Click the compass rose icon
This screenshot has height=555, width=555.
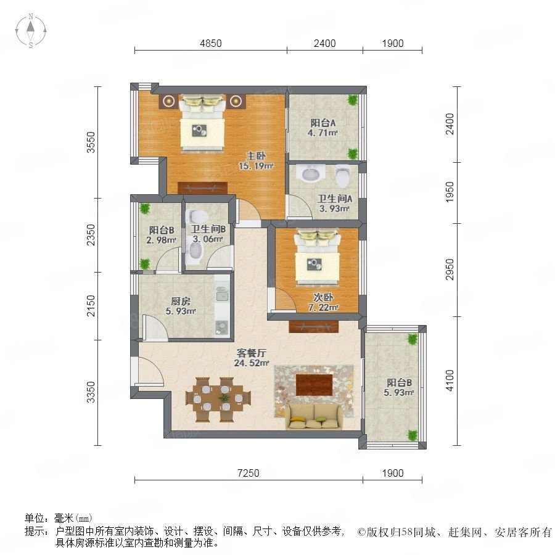click(x=31, y=31)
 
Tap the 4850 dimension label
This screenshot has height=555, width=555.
click(x=211, y=43)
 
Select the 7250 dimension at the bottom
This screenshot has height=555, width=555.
click(x=248, y=473)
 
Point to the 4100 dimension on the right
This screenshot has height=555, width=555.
click(x=450, y=380)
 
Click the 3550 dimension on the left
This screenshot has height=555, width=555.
click(x=91, y=142)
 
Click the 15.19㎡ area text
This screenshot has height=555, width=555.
click(x=257, y=166)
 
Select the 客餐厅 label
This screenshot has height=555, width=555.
click(x=252, y=353)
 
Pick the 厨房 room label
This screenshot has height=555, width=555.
click(x=181, y=301)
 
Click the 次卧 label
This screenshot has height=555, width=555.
click(x=323, y=297)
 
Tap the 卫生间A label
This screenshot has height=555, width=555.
click(x=334, y=199)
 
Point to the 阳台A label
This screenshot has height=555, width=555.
click(x=323, y=123)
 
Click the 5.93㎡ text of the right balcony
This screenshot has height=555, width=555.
click(x=399, y=392)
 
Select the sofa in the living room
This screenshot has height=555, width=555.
click(x=314, y=416)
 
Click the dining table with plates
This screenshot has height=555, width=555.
click(x=218, y=399)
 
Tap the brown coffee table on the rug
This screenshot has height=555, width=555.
click(x=314, y=385)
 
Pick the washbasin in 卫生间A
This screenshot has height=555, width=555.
click(x=311, y=173)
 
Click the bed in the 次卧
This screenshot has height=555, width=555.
click(x=318, y=257)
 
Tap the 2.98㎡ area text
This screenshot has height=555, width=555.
click(x=161, y=240)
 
